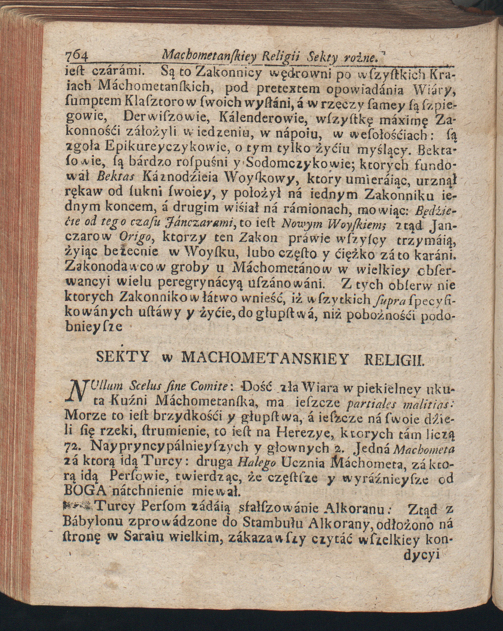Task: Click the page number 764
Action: coord(77,55)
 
